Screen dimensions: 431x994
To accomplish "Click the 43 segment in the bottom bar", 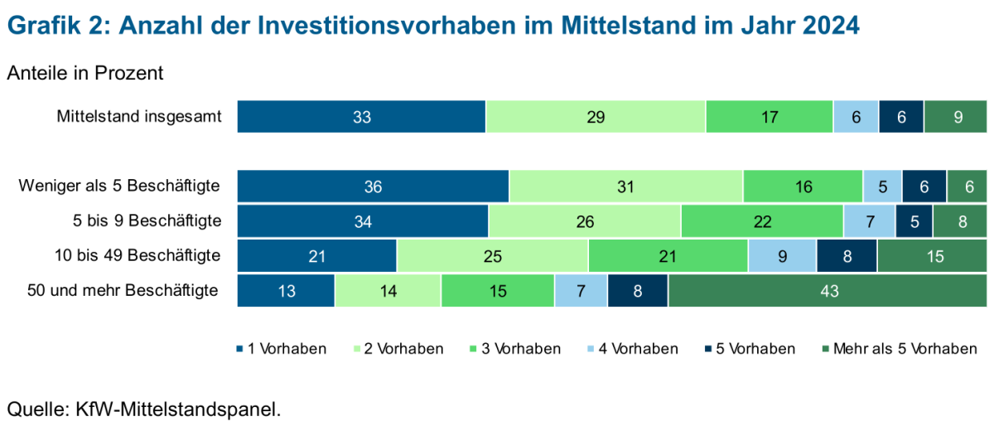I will [828, 291].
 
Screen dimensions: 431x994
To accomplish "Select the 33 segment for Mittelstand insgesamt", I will [361, 117].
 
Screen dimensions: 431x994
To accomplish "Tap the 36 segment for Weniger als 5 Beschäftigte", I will [373, 186].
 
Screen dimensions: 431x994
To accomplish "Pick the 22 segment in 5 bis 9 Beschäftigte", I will [762, 221].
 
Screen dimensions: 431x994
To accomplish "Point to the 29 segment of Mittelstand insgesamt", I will [596, 117].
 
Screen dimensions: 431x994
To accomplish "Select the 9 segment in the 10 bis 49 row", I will [782, 256].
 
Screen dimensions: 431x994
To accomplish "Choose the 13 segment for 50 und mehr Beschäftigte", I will [286, 291].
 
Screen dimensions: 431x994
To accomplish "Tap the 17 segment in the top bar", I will [769, 117].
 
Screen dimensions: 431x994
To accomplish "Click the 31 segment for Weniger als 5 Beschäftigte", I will [626, 186].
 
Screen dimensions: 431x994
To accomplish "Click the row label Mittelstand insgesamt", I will [139, 117].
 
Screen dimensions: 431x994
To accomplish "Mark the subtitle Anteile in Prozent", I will [85, 73].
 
